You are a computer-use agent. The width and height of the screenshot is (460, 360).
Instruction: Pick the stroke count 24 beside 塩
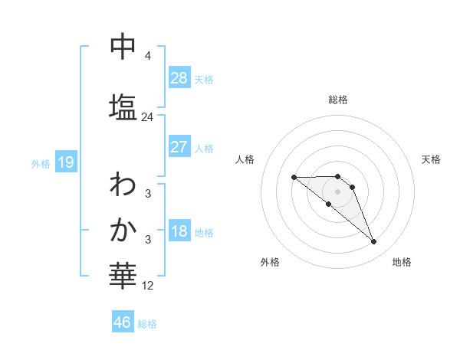click(x=148, y=117)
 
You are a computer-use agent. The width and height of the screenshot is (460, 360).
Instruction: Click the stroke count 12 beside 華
click(x=148, y=286)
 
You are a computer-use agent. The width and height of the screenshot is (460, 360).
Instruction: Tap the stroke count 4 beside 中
click(x=148, y=56)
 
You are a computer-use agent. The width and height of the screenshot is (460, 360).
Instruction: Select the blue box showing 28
click(x=179, y=78)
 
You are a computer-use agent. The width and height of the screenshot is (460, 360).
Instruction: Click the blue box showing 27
click(x=179, y=147)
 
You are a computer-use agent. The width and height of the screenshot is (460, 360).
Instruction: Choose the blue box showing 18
click(x=179, y=232)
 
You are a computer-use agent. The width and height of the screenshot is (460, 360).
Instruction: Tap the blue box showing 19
click(x=65, y=162)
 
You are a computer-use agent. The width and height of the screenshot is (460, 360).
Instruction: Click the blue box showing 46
click(x=123, y=322)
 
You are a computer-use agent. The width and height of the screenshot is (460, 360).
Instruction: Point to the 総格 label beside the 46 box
click(x=147, y=324)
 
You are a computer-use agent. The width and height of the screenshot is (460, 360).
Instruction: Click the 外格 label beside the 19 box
click(x=41, y=163)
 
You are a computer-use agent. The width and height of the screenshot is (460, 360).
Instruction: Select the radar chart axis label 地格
click(x=402, y=262)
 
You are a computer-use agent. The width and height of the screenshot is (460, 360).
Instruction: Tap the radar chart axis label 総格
click(x=338, y=100)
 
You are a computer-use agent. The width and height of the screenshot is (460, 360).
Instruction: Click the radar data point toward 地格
click(x=373, y=242)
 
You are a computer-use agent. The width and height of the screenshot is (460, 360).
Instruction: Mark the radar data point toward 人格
click(x=294, y=178)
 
